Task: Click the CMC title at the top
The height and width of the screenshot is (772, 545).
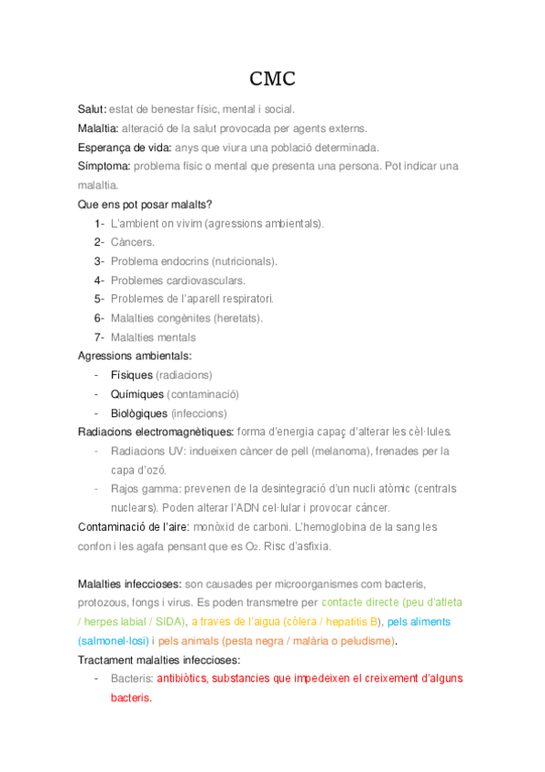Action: pyautogui.click(x=272, y=78)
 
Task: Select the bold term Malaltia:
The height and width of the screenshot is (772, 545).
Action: pyautogui.click(x=98, y=127)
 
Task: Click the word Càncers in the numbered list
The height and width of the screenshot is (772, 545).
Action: pyautogui.click(x=132, y=242)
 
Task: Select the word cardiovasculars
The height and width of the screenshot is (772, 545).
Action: pyautogui.click(x=208, y=280)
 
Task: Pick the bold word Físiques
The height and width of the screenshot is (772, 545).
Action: pyautogui.click(x=131, y=375)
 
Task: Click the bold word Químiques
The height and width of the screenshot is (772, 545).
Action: pyautogui.click(x=137, y=394)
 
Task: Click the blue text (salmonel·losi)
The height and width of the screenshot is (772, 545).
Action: pyautogui.click(x=113, y=641)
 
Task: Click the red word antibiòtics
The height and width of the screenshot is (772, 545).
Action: pyautogui.click(x=181, y=679)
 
